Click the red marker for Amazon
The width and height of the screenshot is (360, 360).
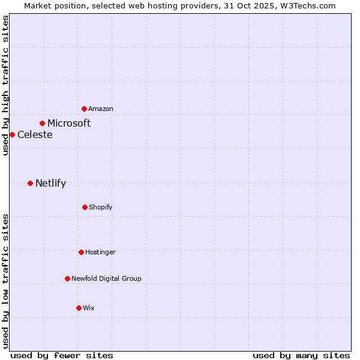coord(84,109)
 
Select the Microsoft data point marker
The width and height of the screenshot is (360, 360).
coord(42,123)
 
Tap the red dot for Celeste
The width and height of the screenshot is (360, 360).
coord(12,134)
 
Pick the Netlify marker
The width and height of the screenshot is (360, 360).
coord(30,183)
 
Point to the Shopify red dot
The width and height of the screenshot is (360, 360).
coord(85,207)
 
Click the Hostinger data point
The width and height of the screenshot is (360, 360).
coord(81,252)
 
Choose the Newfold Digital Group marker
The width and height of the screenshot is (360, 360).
coord(67,278)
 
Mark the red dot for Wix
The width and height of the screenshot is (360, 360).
coord(79,308)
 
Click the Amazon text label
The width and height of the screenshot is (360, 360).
coord(101,109)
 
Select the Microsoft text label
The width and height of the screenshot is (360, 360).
coord(69,123)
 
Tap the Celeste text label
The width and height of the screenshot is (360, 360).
coord(35,134)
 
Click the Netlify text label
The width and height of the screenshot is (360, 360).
coord(50,183)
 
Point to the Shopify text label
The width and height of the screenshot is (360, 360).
coord(101,207)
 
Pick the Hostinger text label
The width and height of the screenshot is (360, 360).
coord(100,252)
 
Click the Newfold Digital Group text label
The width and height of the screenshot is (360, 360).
coord(106,278)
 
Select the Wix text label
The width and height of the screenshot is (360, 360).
coord(89,308)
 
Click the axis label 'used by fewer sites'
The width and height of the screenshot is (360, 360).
coord(62,355)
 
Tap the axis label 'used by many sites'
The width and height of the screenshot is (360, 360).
coord(301,355)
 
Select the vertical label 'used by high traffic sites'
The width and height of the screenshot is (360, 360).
coord(5,85)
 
